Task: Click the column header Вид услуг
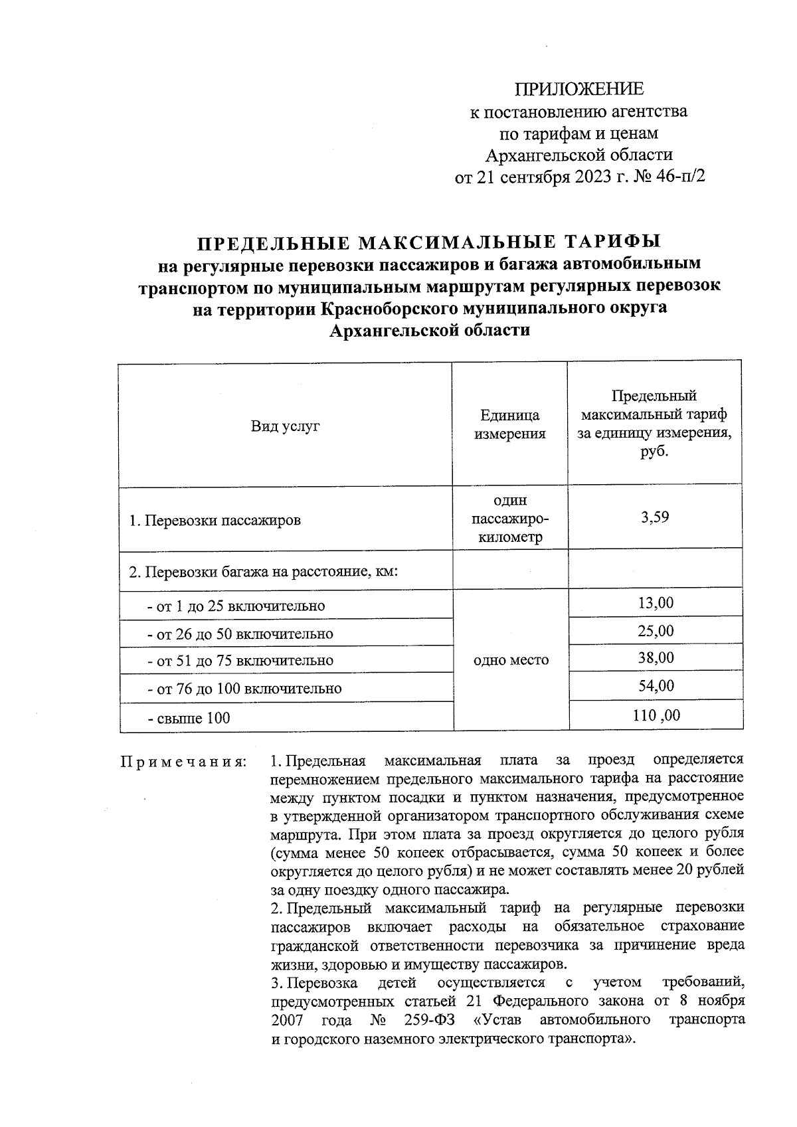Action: [285, 426]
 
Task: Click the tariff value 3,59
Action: [654, 517]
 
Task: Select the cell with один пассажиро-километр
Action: [509, 519]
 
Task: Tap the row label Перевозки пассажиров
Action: [215, 520]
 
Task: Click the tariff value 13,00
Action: [656, 602]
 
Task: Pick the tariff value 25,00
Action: [656, 630]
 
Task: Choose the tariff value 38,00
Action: [656, 657]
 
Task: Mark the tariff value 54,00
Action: [656, 685]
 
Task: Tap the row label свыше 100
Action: [189, 717]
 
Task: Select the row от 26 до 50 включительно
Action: [240, 634]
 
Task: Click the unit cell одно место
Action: [511, 660]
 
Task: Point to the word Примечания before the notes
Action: [183, 761]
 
